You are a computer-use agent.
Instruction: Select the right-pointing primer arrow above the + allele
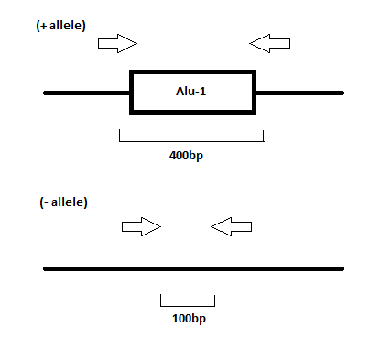coord(117,42)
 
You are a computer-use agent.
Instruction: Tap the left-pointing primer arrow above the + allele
coord(270,42)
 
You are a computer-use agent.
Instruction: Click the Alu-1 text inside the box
coord(193,91)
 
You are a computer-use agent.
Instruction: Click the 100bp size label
coord(188,319)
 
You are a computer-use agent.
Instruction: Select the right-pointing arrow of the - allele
coord(141,226)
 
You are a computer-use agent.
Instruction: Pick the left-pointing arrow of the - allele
coord(231,226)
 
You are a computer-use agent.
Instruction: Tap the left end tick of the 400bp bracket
coord(120,136)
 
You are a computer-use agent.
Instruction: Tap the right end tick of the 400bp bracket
coord(264,136)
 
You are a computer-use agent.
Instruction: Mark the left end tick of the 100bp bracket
coord(161,300)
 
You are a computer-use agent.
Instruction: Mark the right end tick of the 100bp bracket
coord(214,300)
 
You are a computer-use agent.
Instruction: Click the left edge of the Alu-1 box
coord(132,92)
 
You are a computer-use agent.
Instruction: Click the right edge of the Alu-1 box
coord(255,92)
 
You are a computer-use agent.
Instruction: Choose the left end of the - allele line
coord(46,268)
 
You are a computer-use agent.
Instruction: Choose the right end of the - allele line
coord(342,268)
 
